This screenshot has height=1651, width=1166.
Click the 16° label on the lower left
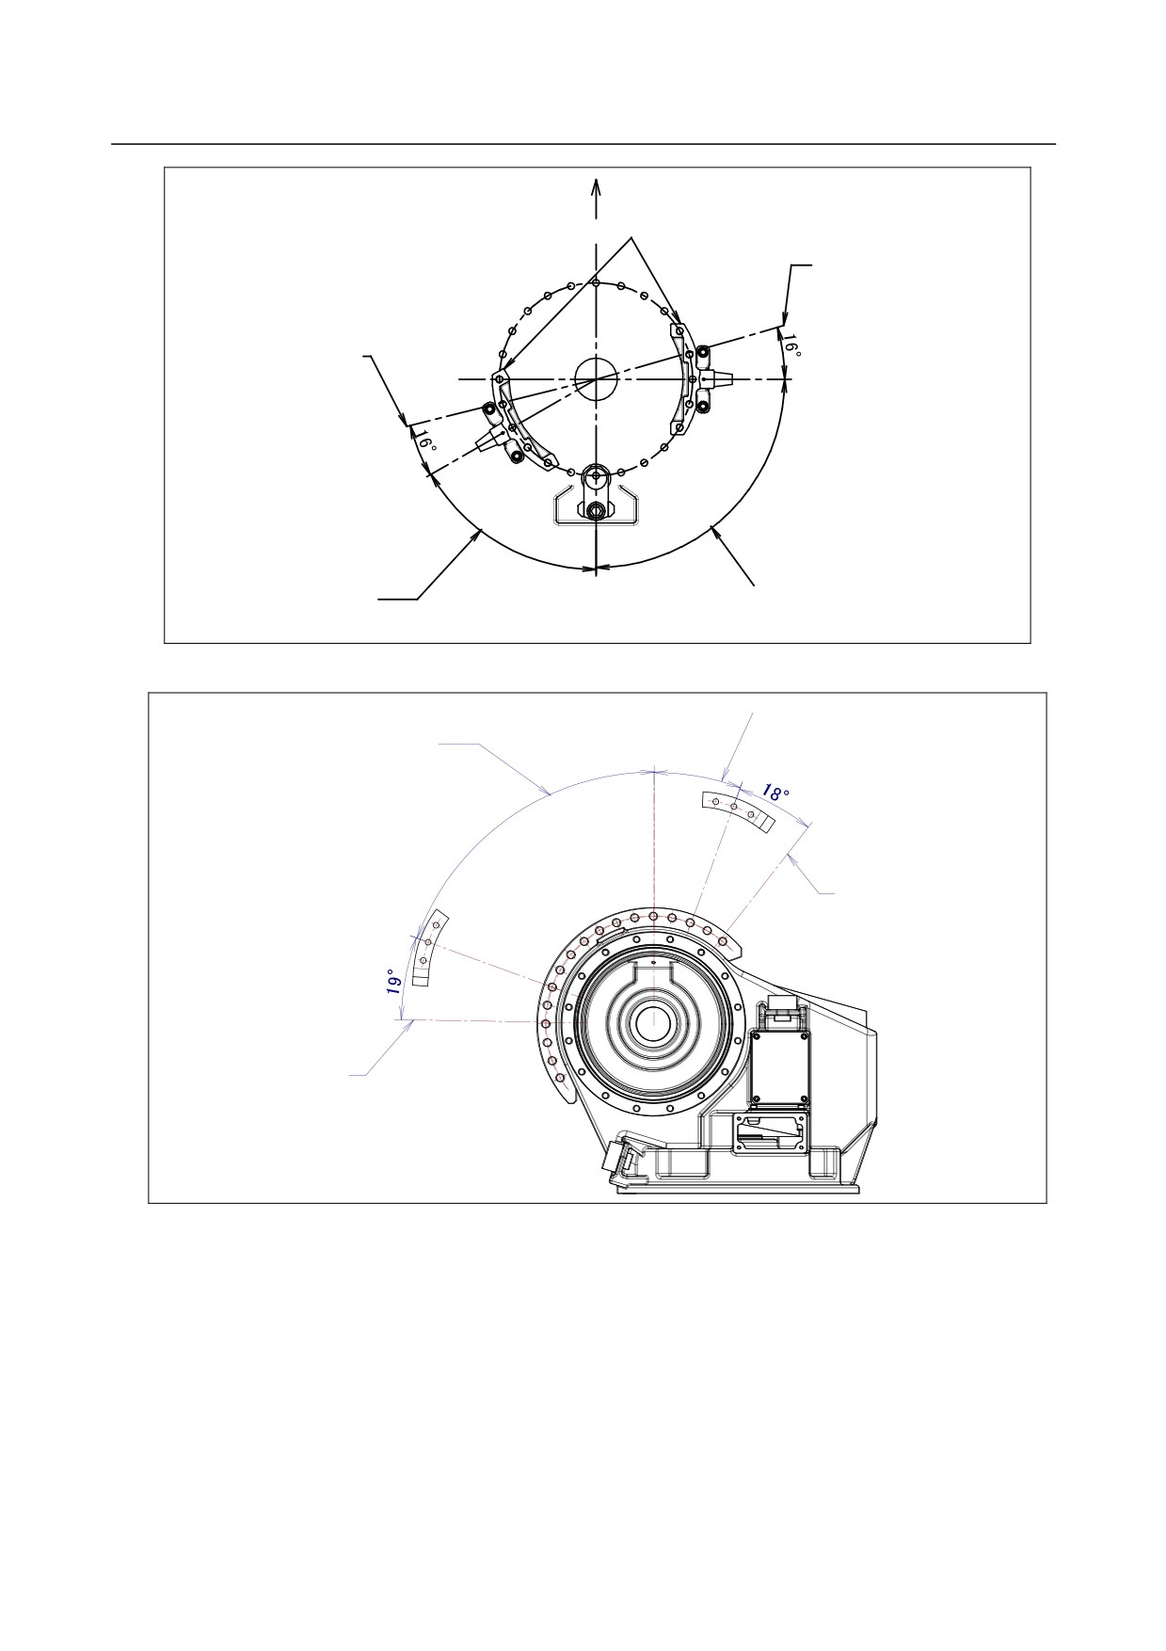pos(425,441)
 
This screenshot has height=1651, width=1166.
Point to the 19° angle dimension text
pos(395,985)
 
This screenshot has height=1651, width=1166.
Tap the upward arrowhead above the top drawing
pos(596,186)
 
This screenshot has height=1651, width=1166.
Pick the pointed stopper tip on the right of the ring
pos(728,378)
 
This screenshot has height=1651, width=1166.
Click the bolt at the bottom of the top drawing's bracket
pos(595,511)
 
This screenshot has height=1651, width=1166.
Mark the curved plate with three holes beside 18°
pos(738,810)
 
